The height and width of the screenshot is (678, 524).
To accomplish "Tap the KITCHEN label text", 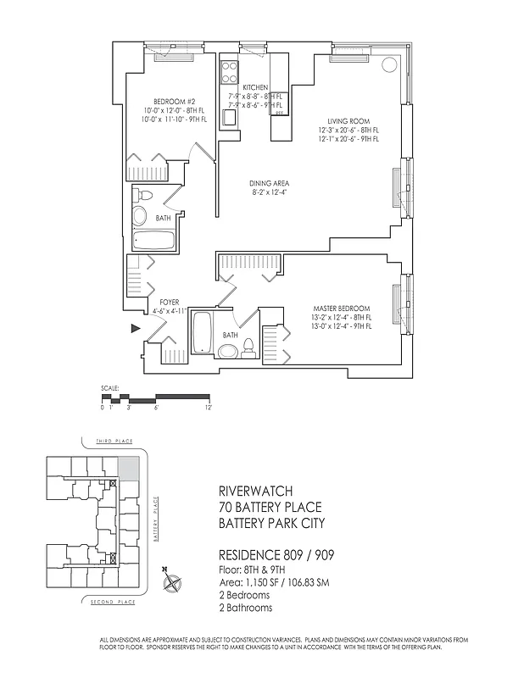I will pyautogui.click(x=255, y=88).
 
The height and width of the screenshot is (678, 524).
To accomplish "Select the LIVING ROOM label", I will pyautogui.click(x=348, y=120).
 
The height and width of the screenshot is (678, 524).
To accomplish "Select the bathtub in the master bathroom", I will pyautogui.click(x=202, y=332).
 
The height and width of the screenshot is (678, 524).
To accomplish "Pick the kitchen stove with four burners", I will pyautogui.click(x=229, y=71).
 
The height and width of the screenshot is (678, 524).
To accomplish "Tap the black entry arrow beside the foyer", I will pyautogui.click(x=135, y=327).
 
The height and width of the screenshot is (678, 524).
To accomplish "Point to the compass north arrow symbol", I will pyautogui.click(x=173, y=582).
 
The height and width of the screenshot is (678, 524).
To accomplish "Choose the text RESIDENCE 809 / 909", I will pyautogui.click(x=273, y=556).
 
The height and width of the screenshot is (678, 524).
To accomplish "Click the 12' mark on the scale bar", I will pyautogui.click(x=208, y=408).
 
